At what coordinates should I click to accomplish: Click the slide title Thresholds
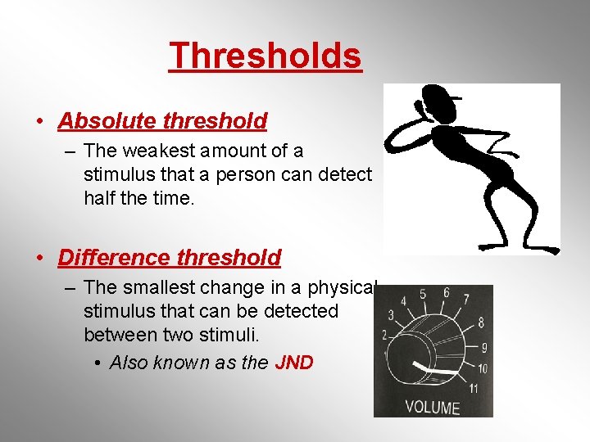[265, 56]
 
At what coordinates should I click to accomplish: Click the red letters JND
[294, 363]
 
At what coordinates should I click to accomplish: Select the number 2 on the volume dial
[383, 335]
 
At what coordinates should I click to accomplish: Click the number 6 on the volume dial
[446, 292]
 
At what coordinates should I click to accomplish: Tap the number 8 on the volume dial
[481, 322]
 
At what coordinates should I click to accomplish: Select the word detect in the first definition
[343, 174]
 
